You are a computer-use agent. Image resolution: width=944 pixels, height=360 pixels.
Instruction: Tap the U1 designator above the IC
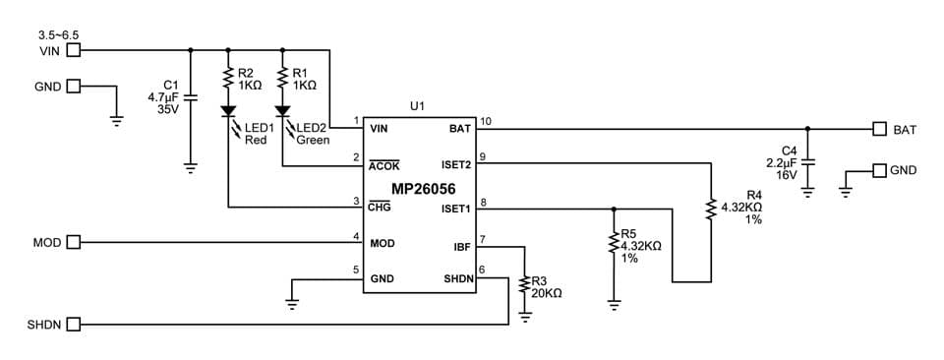click(x=418, y=104)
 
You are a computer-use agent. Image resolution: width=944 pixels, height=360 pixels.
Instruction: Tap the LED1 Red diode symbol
click(x=228, y=113)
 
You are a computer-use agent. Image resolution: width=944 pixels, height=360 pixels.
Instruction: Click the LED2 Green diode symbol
click(x=283, y=113)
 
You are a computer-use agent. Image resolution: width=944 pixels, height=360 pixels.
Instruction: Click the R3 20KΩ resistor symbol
click(x=524, y=287)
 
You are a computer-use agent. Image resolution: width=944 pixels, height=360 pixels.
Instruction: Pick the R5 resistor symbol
click(x=615, y=245)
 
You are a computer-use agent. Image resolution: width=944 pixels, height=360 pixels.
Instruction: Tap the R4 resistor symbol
click(x=710, y=208)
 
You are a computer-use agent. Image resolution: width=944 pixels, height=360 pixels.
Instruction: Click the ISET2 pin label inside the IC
click(x=457, y=165)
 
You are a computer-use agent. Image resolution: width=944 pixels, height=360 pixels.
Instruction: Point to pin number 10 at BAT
click(x=485, y=122)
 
